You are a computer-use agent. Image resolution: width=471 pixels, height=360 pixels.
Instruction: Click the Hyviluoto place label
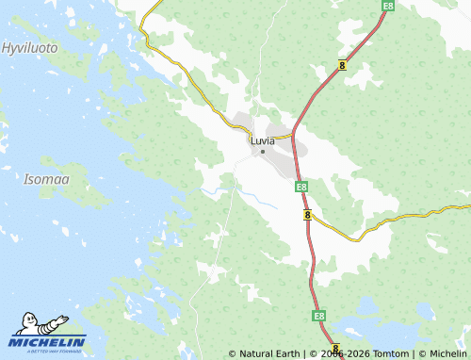pos(29,47)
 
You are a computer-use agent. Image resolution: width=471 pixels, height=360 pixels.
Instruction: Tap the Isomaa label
pos(44,178)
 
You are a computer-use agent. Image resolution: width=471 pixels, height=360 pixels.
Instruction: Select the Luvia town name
pos(263,140)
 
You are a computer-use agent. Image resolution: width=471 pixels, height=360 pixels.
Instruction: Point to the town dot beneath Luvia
pos(263,152)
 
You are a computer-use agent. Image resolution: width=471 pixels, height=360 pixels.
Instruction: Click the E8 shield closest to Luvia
pos(300,187)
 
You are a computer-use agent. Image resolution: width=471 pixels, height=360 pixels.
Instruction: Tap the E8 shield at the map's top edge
pos(388,6)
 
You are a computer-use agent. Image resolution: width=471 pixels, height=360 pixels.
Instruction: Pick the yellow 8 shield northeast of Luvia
pos(342,64)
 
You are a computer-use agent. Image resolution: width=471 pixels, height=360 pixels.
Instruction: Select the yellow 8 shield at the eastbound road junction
pos(308,216)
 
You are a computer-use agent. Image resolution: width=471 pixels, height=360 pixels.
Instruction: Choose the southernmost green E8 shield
pos(319,315)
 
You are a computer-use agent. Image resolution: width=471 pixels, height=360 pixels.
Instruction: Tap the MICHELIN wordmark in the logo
pos(49,341)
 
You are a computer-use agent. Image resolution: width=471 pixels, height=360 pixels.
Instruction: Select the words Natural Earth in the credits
pos(268,354)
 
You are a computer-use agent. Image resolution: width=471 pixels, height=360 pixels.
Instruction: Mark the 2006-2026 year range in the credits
pos(340,354)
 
